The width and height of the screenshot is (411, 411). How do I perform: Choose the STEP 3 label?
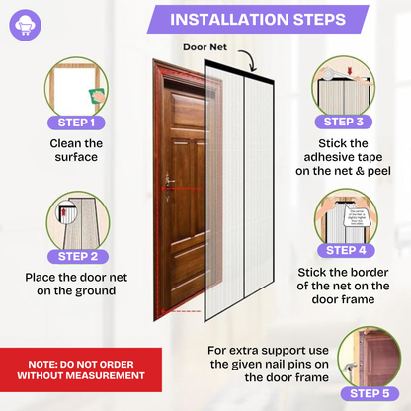pyautogui.click(x=344, y=123)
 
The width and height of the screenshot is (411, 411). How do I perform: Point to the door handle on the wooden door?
pyautogui.click(x=170, y=180)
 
